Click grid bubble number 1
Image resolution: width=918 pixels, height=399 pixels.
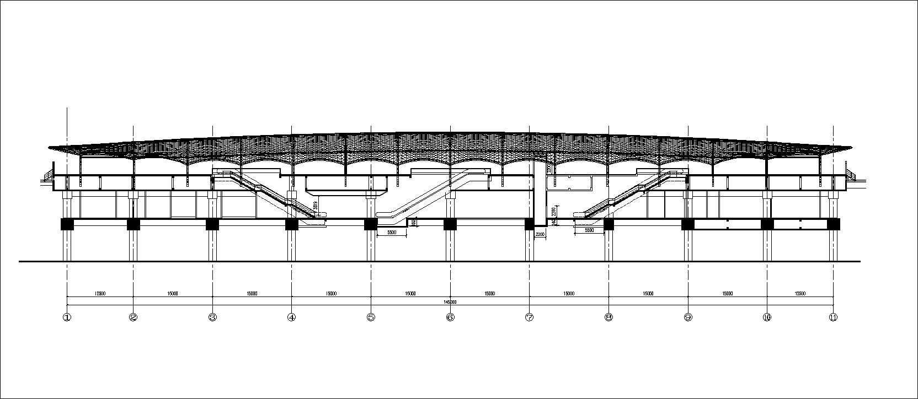click(67, 317)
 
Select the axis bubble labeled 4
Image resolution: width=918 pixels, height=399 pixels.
click(291, 317)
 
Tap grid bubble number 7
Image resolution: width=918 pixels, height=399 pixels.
click(530, 317)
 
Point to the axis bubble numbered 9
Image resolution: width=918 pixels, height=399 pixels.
click(688, 317)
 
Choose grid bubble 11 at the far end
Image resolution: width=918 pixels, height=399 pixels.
click(833, 317)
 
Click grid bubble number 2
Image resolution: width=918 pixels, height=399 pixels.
click(133, 317)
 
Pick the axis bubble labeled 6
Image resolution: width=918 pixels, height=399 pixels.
click(450, 317)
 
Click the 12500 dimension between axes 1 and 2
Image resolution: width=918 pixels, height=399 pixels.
click(100, 294)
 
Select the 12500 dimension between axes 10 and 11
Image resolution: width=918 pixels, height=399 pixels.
click(800, 294)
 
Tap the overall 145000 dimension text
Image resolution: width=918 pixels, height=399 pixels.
click(450, 302)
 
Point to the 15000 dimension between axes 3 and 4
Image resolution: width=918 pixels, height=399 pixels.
click(252, 294)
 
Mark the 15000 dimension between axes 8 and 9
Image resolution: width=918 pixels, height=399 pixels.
click(648, 294)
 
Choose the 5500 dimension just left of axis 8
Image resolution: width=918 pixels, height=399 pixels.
click(589, 230)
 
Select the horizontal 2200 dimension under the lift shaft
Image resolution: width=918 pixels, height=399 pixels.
click(540, 235)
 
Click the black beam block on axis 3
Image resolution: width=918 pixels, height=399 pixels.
click(212, 224)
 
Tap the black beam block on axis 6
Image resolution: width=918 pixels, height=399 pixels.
click(450, 224)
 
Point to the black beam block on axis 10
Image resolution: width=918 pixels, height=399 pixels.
click(767, 224)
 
